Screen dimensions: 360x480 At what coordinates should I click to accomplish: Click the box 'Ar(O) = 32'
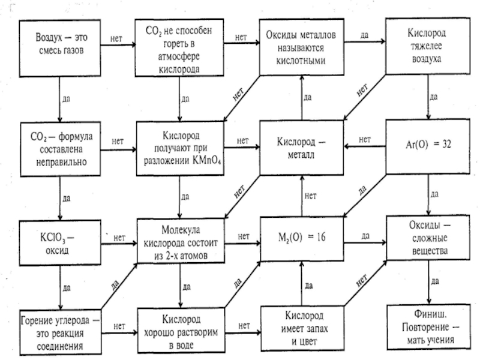click(427, 144)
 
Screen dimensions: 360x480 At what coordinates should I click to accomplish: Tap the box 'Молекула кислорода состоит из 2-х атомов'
click(181, 240)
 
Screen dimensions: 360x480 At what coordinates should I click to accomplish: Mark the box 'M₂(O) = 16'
click(301, 236)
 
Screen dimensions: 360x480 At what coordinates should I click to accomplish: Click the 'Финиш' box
click(427, 328)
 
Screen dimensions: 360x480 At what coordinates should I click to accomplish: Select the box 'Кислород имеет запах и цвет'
click(301, 328)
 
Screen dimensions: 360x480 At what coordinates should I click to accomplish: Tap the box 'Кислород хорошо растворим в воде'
click(181, 328)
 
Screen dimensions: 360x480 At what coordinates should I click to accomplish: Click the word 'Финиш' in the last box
click(427, 316)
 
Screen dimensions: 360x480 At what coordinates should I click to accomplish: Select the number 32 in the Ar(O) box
click(443, 145)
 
